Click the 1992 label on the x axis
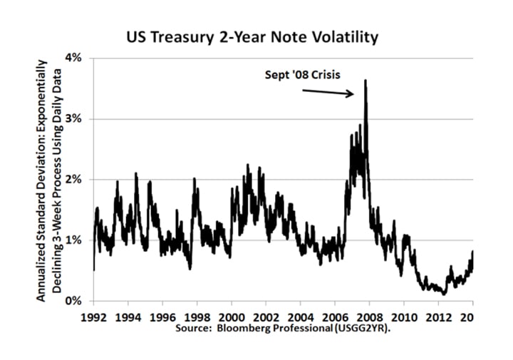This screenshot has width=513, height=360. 93,315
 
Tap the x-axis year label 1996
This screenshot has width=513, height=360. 162,315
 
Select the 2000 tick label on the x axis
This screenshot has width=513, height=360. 232,315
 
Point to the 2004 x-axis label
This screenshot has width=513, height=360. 301,315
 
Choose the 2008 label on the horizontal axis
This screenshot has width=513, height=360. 370,315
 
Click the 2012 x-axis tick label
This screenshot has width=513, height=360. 439,315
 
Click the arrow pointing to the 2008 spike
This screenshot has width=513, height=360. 328,92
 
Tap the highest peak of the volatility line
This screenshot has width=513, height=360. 366,81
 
